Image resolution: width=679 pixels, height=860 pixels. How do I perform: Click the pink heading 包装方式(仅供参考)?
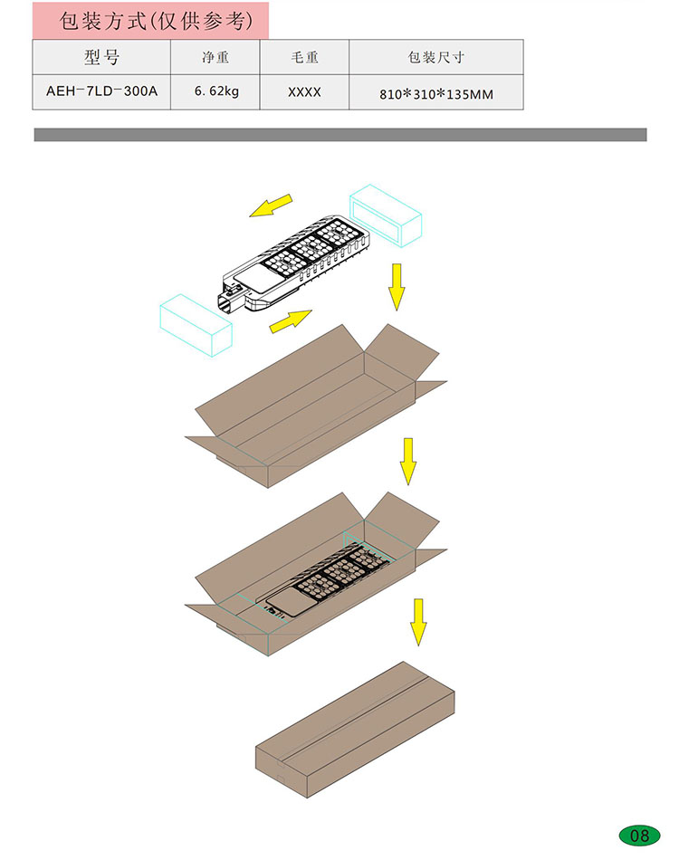tap(157, 21)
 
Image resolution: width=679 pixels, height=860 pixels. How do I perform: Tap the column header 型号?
tap(101, 57)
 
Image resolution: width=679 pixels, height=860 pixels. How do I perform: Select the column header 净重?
tap(215, 57)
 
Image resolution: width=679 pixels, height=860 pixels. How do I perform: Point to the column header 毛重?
tap(304, 57)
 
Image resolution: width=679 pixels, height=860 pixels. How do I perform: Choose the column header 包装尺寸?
tap(436, 57)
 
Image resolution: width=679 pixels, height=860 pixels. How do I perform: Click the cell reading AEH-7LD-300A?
tap(101, 91)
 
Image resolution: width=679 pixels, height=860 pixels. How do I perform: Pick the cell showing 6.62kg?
tap(216, 91)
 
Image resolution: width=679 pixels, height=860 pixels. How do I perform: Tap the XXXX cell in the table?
tap(304, 92)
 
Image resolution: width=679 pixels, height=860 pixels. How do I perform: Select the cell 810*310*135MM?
tap(436, 94)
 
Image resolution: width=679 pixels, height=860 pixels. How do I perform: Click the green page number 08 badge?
tap(639, 836)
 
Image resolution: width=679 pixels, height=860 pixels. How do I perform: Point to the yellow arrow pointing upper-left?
tap(271, 205)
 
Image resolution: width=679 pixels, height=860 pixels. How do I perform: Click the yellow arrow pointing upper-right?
tap(291, 320)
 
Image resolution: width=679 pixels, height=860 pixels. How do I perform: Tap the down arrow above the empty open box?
tap(397, 287)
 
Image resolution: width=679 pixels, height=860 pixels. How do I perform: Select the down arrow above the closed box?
tap(418, 622)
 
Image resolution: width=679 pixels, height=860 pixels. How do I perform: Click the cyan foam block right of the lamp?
tap(386, 215)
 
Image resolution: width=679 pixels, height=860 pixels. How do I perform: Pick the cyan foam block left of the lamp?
tap(196, 325)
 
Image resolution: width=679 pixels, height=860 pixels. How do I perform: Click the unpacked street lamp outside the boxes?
tap(296, 263)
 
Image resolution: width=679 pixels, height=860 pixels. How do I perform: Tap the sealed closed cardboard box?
tap(355, 730)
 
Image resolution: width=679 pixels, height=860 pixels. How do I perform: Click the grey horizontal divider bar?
tap(340, 135)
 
